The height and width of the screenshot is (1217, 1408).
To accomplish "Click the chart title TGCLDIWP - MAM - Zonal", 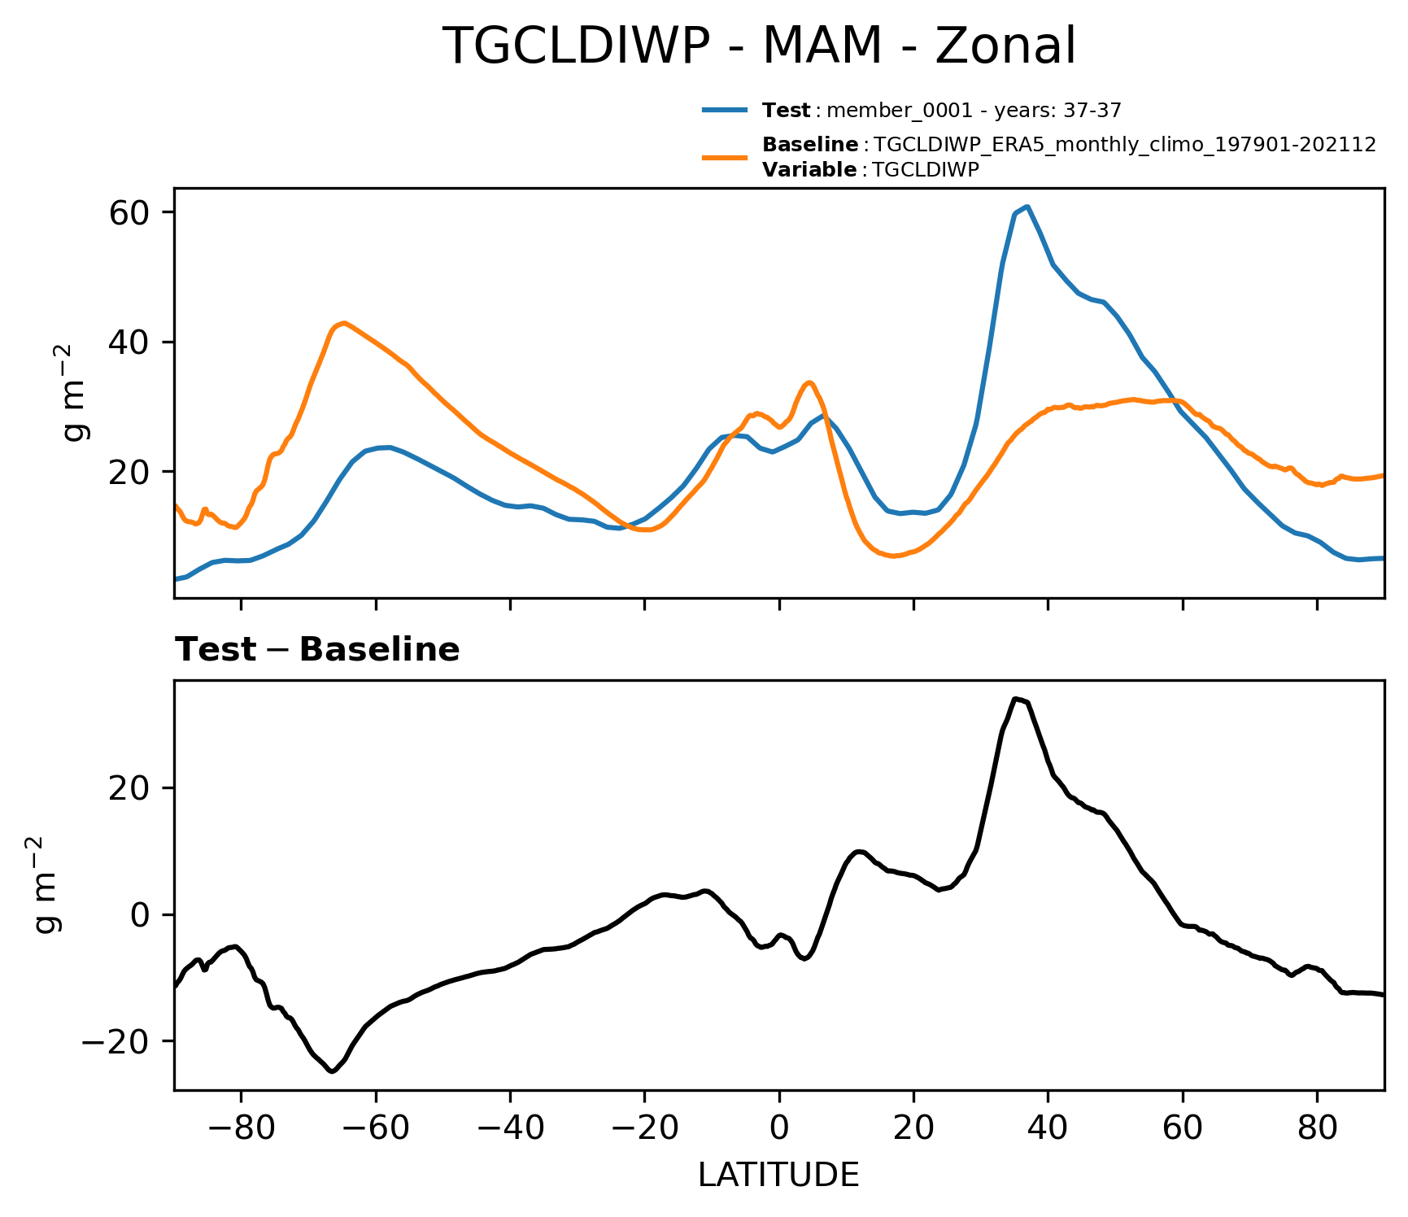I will [758, 46].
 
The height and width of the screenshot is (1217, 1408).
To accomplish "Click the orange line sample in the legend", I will [725, 157].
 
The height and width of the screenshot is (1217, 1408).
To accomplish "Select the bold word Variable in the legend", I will [809, 170].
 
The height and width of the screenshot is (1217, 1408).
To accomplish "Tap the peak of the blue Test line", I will [1027, 207].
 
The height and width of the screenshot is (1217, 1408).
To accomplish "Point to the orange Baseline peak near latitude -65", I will [344, 323].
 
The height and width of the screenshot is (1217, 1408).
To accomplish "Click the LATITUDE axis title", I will [778, 1176].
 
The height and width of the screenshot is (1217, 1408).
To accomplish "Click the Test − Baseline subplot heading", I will [317, 650].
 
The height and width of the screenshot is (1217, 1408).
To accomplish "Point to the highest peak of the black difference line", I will [1016, 699].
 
